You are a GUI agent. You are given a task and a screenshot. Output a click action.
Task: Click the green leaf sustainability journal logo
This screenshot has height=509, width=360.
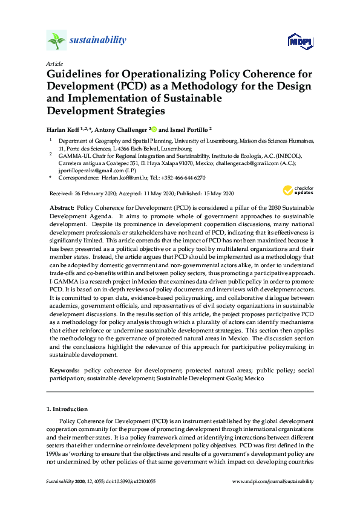click(56, 41)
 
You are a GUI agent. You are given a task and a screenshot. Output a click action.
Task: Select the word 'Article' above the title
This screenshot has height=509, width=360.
click(53, 63)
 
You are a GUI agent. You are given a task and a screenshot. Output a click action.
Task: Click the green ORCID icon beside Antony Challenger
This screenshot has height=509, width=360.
click(154, 129)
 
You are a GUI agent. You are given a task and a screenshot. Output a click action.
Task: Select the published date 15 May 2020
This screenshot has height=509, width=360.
click(215, 193)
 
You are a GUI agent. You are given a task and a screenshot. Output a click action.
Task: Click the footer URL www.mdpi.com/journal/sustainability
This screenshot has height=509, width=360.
click(273, 481)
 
